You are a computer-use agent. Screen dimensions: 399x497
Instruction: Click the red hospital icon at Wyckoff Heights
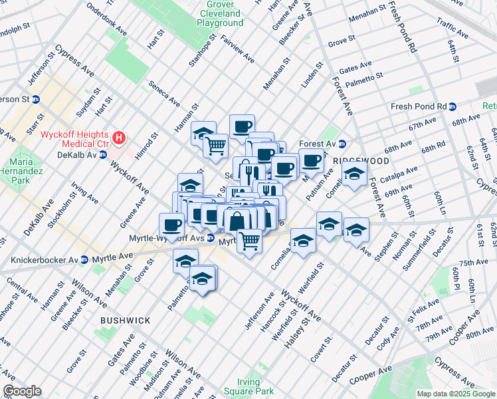[119, 138]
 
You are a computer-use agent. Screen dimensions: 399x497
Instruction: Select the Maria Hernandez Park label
[25, 171]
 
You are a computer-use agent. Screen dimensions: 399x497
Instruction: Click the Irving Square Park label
[256, 386]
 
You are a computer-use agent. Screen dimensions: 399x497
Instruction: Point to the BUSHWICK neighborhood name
[125, 321]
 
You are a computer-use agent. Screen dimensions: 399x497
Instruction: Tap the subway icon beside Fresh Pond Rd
[452, 106]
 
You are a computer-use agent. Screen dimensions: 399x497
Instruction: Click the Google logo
[22, 391]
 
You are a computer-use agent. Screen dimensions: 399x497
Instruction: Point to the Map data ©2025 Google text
[456, 394]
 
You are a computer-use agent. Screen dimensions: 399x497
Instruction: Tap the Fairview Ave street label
[237, 49]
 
